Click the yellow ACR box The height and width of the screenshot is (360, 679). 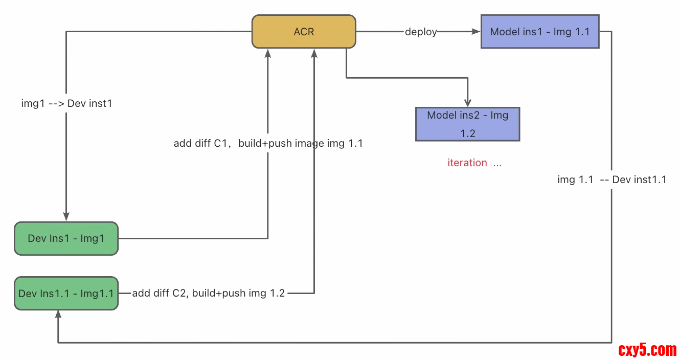pyautogui.click(x=304, y=32)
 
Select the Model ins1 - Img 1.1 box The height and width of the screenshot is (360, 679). pyautogui.click(x=539, y=32)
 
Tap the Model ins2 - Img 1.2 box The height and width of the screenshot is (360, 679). pyautogui.click(x=467, y=124)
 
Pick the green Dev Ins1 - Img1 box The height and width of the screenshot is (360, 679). pyautogui.click(x=66, y=238)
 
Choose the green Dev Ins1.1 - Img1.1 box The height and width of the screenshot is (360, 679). pyautogui.click(x=66, y=294)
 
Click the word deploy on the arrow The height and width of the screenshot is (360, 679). pyautogui.click(x=421, y=32)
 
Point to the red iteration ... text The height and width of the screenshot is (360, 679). pyautogui.click(x=474, y=163)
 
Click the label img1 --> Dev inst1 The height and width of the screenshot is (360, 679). pyautogui.click(x=66, y=103)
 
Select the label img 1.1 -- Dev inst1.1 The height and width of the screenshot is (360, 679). pyautogui.click(x=612, y=179)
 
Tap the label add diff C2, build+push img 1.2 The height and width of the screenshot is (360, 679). pyautogui.click(x=208, y=294)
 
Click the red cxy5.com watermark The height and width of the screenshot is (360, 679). pyautogui.click(x=647, y=350)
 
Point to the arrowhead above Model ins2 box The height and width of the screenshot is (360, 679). pyautogui.click(x=468, y=102)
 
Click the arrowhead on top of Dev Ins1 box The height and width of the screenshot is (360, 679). pyautogui.click(x=66, y=217)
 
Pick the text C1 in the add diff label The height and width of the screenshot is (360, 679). pyautogui.click(x=220, y=143)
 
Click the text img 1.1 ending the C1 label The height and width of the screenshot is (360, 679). pyautogui.click(x=345, y=143)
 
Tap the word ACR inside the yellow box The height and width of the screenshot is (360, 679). pyautogui.click(x=304, y=32)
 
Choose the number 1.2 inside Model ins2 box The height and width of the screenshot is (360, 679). pyautogui.click(x=467, y=133)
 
